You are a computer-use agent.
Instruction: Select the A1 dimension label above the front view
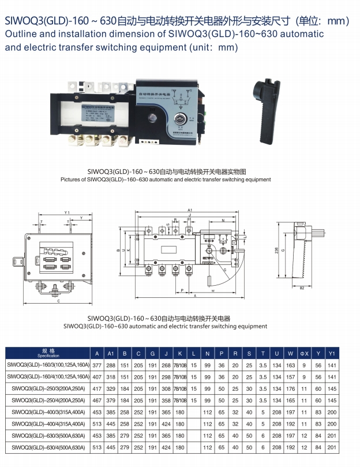pos(190,210)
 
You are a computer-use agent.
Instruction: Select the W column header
pos(290,353)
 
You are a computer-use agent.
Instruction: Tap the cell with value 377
pos(97,365)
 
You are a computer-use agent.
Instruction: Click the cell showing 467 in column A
pos(97,400)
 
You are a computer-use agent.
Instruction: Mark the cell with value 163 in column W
pos(290,365)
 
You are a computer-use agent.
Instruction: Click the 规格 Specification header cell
pos(48,353)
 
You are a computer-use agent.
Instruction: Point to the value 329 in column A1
pos(111,388)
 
